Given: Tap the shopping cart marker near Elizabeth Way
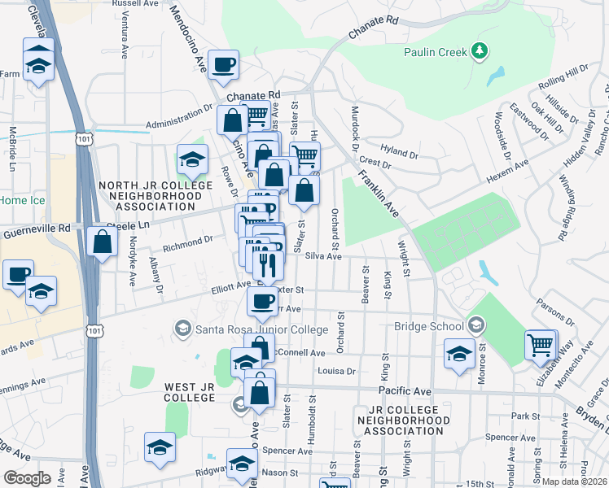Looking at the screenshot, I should tap(541, 344).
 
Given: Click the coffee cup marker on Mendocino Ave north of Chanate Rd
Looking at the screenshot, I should tap(223, 64).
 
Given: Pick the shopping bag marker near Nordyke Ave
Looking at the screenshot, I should tap(102, 242).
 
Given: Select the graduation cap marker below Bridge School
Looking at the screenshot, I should tap(459, 354).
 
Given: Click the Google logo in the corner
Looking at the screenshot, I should tap(27, 477).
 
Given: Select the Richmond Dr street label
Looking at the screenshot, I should tap(187, 242).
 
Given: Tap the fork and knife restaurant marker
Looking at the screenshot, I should tap(268, 264).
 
